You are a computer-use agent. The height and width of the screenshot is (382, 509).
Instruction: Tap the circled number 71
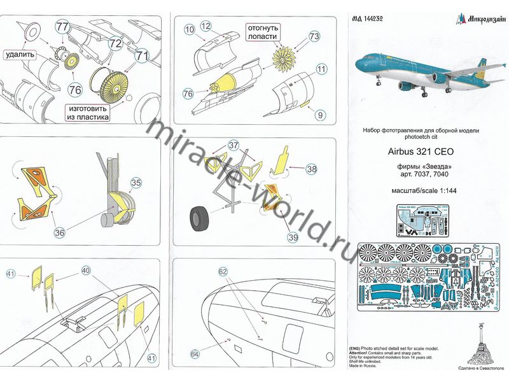(x=141, y=55)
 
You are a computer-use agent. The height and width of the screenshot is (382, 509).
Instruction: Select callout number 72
(x=115, y=43)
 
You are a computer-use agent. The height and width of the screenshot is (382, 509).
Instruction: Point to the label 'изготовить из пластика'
(x=86, y=113)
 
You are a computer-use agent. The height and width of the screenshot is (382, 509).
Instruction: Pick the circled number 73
(x=314, y=38)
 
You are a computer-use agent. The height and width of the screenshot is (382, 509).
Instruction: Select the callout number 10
(x=189, y=30)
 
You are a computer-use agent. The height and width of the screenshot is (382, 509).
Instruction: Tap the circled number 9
(x=320, y=115)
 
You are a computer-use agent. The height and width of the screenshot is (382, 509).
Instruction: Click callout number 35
(x=136, y=183)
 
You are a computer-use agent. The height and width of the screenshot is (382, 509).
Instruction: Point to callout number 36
(x=59, y=233)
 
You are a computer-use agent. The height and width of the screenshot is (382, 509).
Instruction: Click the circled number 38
(x=311, y=169)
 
